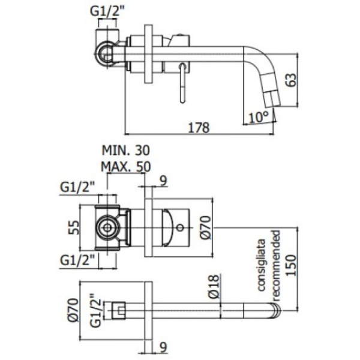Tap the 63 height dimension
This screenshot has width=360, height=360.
[x=291, y=80]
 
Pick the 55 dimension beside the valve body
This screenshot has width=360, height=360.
[x=71, y=229]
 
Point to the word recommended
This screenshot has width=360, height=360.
[x=275, y=264]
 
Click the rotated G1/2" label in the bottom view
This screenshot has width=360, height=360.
[x=95, y=311]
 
